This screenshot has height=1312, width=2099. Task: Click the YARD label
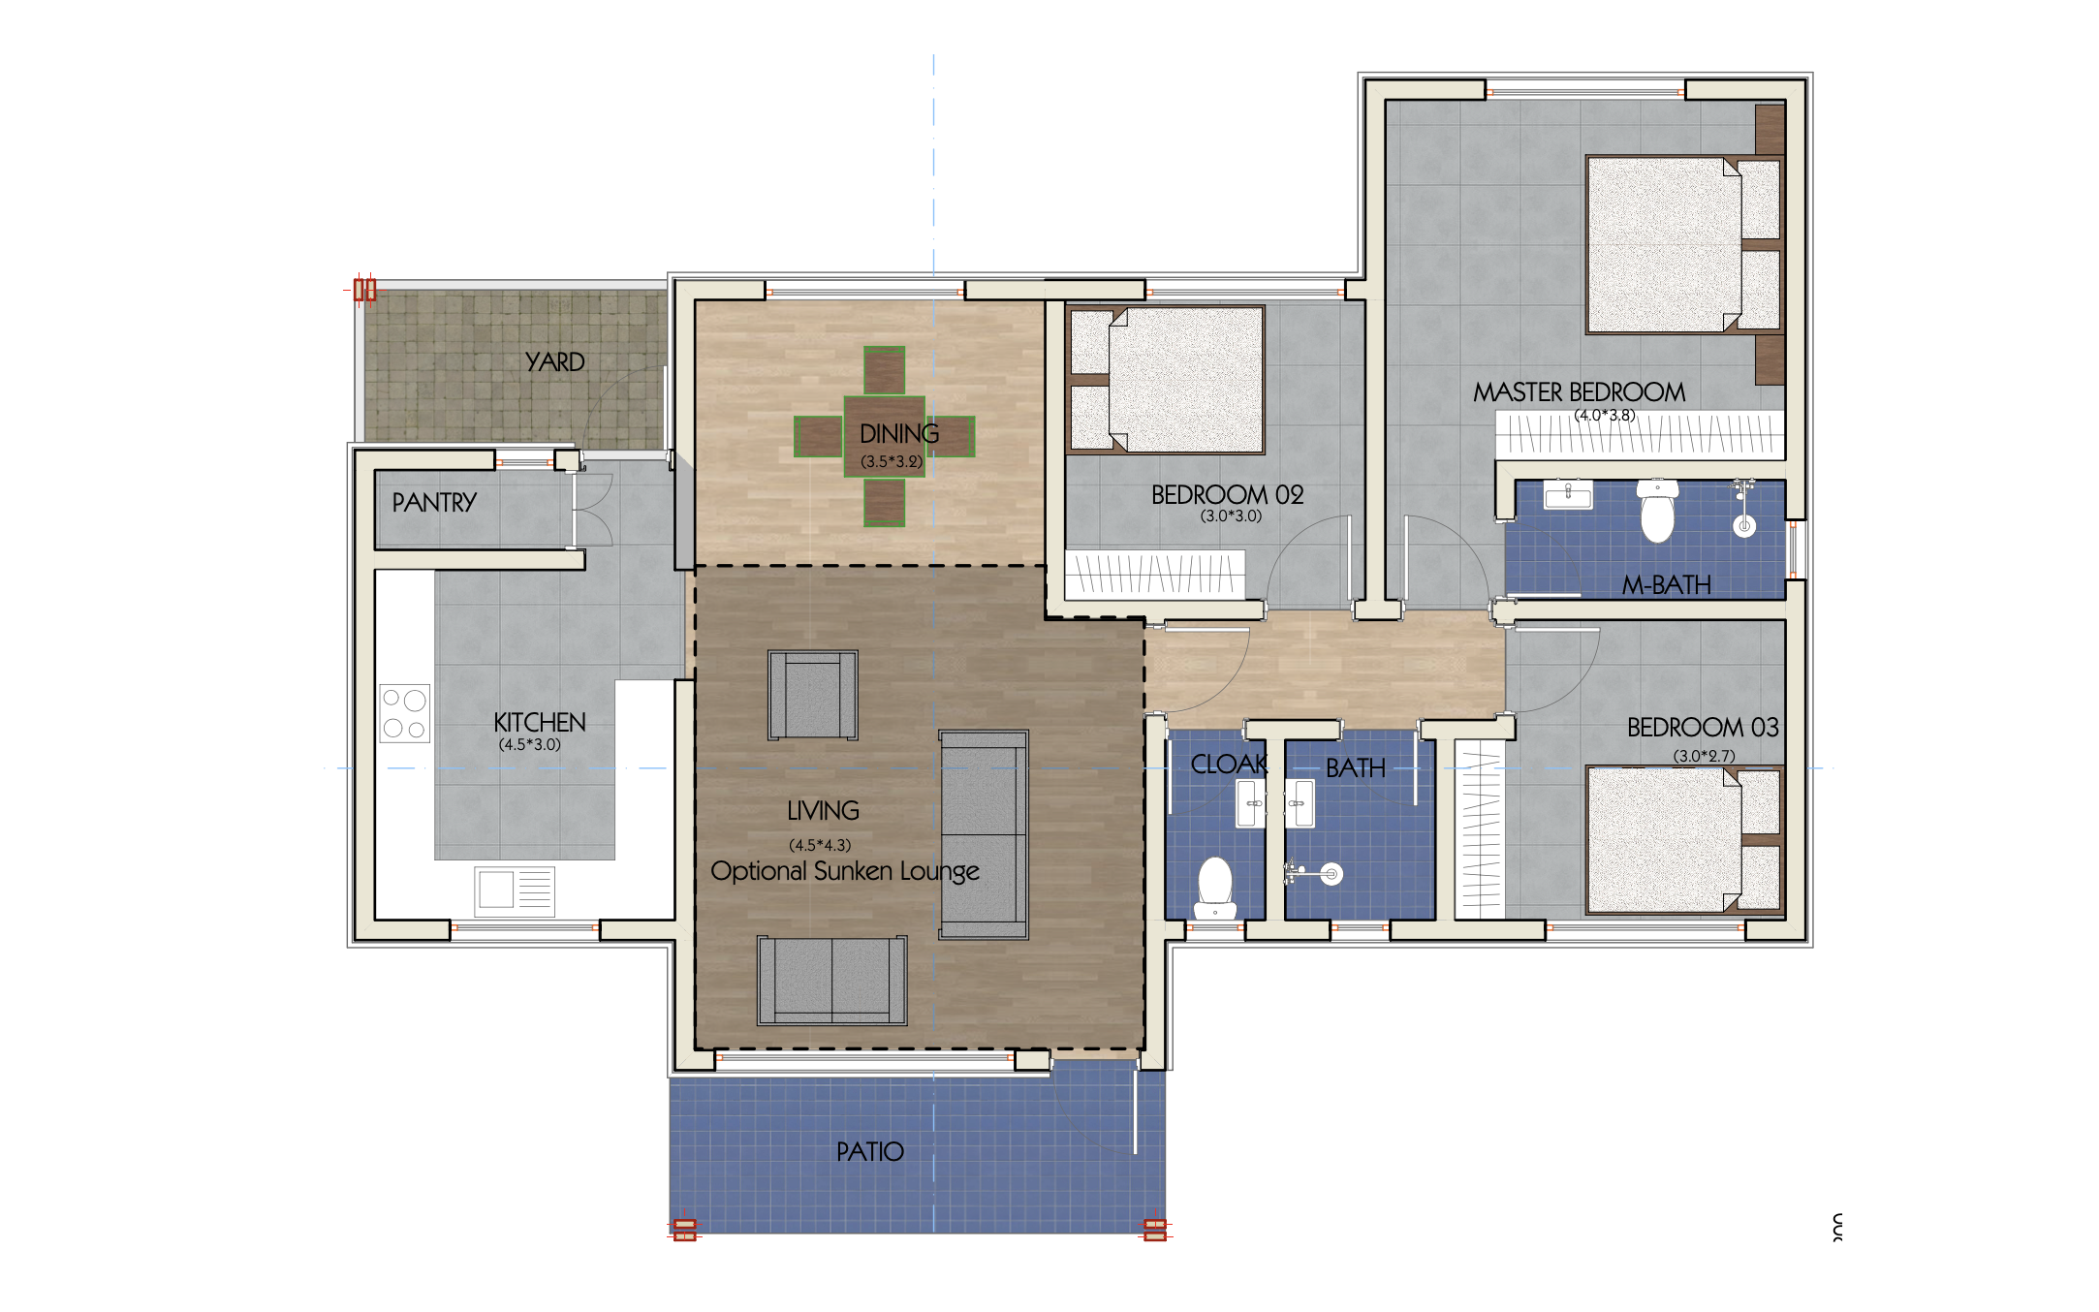tap(554, 362)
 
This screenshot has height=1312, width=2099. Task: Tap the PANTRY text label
tap(434, 503)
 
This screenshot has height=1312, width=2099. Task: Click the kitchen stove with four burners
tap(405, 714)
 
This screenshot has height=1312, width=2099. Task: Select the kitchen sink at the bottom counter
tap(514, 890)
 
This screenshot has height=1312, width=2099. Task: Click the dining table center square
tap(884, 436)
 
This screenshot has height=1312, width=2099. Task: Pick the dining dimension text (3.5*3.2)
tap(892, 462)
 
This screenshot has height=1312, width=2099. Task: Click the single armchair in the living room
tap(812, 695)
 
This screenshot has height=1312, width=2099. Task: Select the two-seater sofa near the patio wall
tap(831, 981)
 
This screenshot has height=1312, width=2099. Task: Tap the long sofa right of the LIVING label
tap(983, 834)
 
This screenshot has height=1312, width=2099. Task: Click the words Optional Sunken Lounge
tap(845, 871)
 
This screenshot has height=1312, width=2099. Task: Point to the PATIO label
tap(869, 1152)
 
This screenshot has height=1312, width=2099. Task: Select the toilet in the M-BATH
tap(1657, 512)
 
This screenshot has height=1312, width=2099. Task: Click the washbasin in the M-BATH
tap(1568, 496)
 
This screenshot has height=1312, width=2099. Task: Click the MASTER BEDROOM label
tap(1579, 392)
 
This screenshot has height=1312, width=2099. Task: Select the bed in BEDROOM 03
tap(1684, 839)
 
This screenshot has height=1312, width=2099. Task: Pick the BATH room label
tap(1355, 768)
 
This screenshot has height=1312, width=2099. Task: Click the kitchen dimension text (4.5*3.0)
tap(529, 745)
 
